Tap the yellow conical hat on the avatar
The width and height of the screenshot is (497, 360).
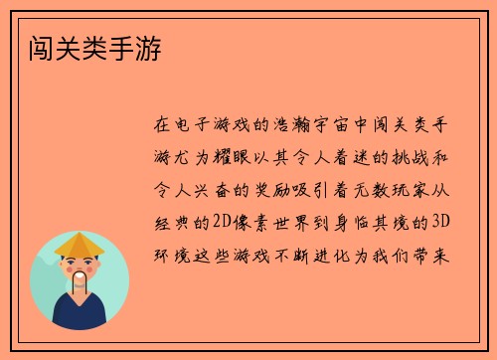[80, 244]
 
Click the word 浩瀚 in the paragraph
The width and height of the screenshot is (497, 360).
[297, 126]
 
